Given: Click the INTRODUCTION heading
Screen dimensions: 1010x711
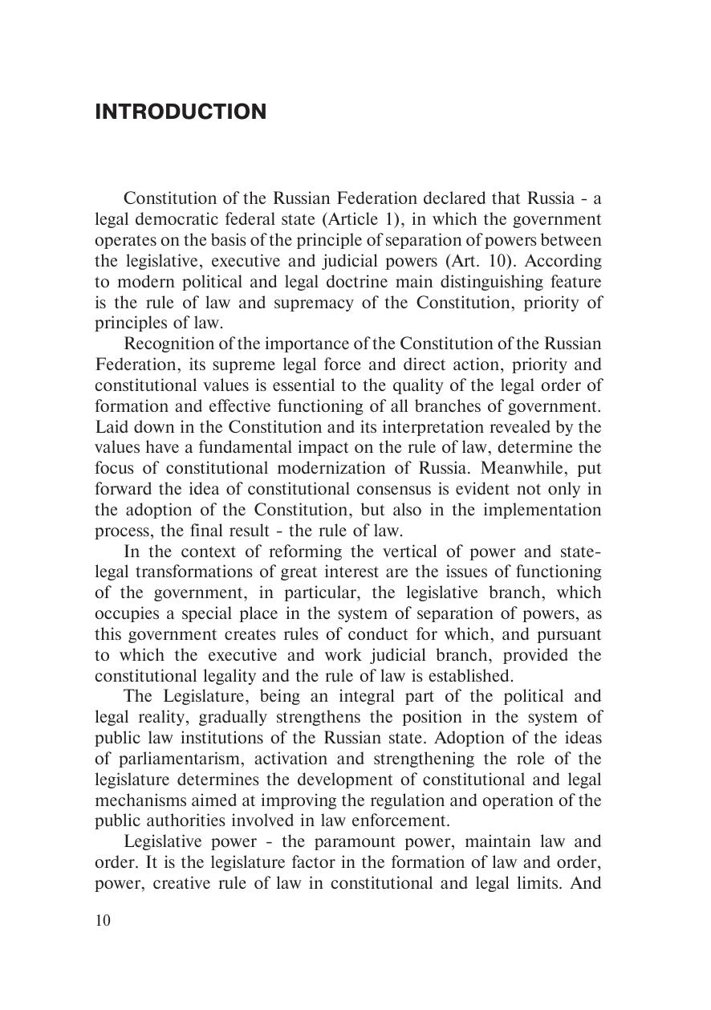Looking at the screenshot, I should [181, 112].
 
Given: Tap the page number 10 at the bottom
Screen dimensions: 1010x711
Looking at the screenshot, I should [104, 920].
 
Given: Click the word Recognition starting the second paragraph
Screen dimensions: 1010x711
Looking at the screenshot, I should [166, 344].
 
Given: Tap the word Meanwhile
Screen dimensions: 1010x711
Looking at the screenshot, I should [506, 468].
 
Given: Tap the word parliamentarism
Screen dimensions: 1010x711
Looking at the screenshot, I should [173, 759].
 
